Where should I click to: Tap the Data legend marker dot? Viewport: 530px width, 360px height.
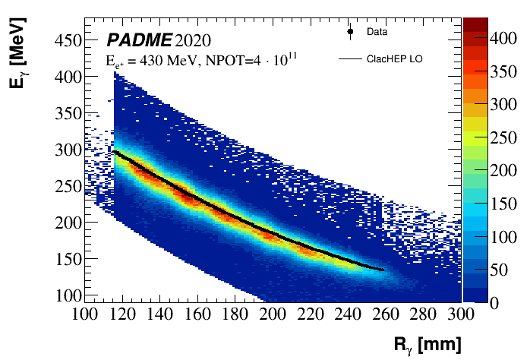coord(350,32)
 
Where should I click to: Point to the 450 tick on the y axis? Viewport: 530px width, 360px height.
coord(65,40)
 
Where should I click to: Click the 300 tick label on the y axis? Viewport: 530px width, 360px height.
coord(65,150)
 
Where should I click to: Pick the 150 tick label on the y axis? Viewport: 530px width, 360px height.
coord(65,259)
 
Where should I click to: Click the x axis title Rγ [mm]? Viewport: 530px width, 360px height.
coord(427,344)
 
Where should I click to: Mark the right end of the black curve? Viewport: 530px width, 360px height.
coord(383,270)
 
